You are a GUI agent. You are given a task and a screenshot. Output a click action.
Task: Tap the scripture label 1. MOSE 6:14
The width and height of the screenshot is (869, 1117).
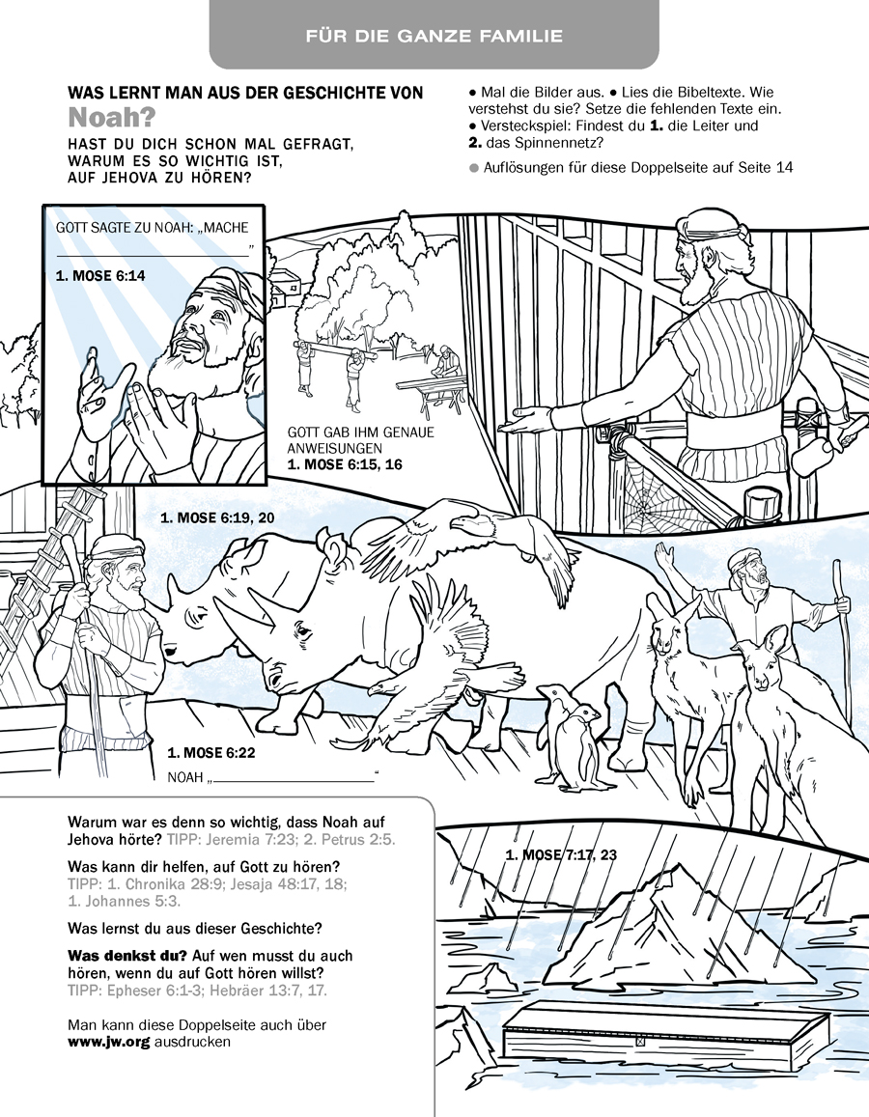(99, 275)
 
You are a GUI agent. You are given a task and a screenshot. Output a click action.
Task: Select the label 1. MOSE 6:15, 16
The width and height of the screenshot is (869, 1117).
(345, 464)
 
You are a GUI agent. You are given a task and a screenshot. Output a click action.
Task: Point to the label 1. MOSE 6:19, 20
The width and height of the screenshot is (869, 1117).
(217, 518)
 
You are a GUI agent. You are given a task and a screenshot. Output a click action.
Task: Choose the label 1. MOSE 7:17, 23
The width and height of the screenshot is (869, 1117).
(560, 854)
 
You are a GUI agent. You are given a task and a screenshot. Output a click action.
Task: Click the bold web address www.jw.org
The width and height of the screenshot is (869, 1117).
(108, 1042)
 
